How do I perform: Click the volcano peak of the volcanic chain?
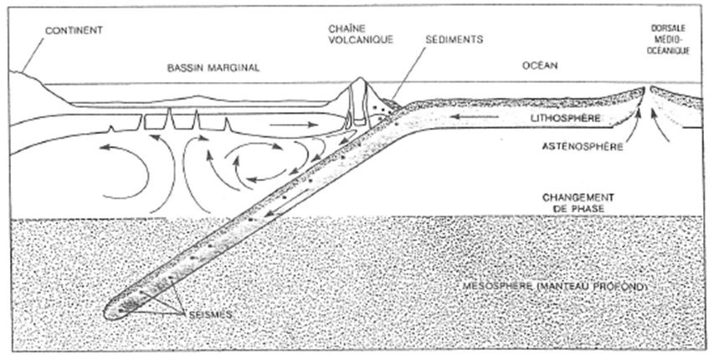coord(361,80)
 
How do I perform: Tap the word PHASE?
coord(575,206)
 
